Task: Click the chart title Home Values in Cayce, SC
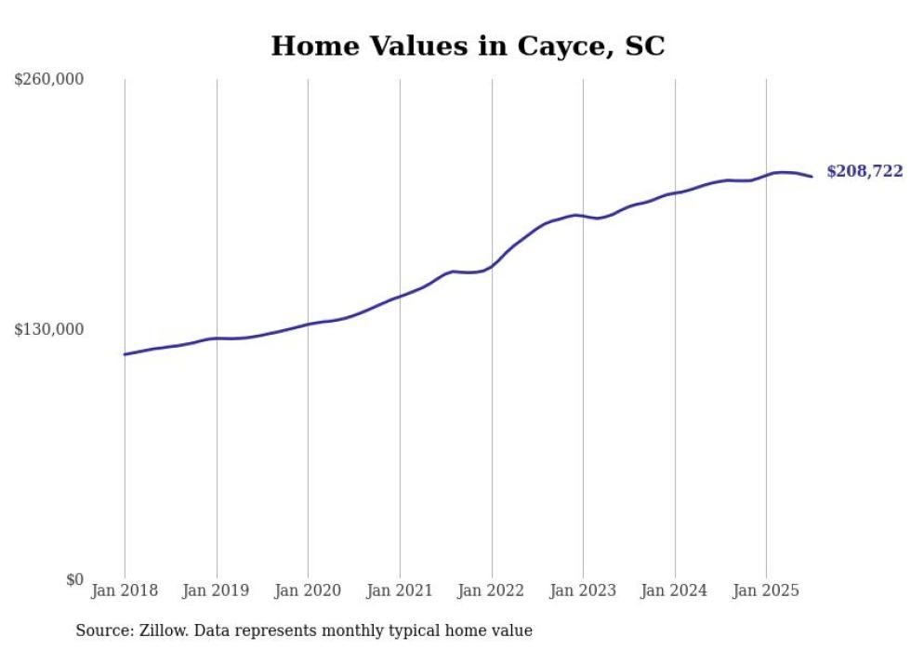pos(468,46)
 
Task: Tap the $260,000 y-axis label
pos(48,79)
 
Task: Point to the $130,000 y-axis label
pos(48,329)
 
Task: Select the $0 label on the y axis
pos(74,579)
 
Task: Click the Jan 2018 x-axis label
pos(125,590)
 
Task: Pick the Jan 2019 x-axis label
pos(217,590)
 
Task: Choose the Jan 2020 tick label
pos(308,590)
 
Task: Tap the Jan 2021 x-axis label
pos(400,590)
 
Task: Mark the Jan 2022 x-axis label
pos(492,590)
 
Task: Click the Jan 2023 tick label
pos(583,590)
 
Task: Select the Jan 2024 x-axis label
pos(675,590)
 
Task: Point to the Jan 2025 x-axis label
pos(766,590)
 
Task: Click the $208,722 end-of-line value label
pos(865,171)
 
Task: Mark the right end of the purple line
pos(812,177)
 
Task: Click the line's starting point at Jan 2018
pos(125,354)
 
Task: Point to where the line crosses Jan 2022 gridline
pos(492,266)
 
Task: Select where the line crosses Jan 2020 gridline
pos(308,324)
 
